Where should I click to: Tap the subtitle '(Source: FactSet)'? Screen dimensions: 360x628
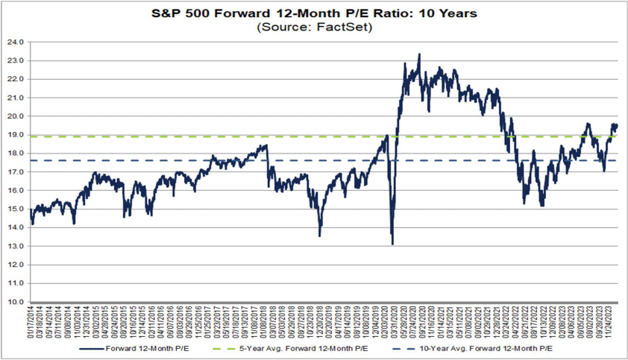(313, 27)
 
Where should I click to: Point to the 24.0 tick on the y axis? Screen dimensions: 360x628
(16, 42)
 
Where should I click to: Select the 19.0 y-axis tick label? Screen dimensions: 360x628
(16, 135)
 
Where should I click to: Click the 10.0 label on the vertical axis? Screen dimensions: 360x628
(16, 302)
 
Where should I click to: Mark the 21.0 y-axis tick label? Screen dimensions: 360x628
(16, 98)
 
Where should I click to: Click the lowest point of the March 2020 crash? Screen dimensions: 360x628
(392, 244)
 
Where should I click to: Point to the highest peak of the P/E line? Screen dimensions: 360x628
(419, 54)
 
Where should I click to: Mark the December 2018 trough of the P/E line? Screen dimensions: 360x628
(320, 236)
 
